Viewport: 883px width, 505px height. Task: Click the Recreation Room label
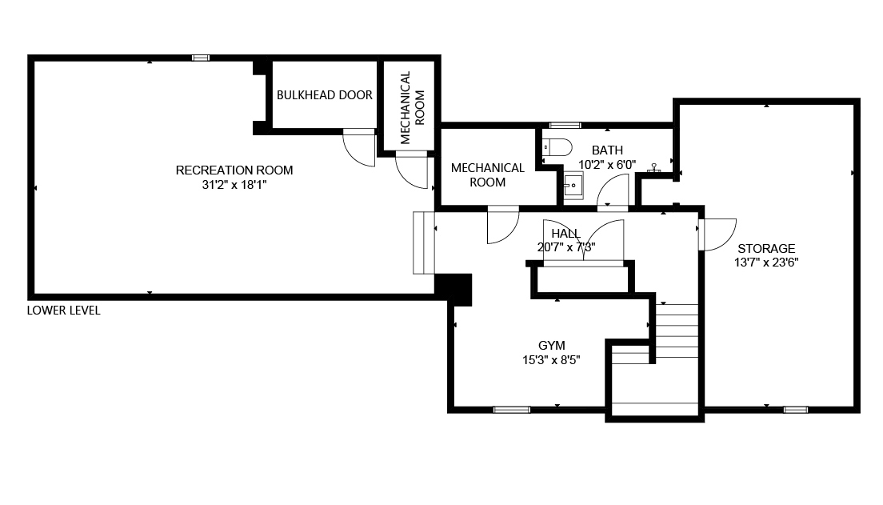point(234,170)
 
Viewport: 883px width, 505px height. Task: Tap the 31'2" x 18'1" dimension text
point(234,184)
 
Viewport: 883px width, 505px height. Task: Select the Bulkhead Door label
point(325,95)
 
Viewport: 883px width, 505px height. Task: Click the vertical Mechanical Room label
point(412,107)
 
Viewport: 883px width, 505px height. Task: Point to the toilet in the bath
point(557,148)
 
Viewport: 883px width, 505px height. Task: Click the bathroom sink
point(573,186)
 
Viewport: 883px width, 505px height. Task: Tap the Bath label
point(607,150)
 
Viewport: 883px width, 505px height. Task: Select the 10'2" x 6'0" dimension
point(607,165)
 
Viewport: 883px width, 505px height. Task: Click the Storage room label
point(766,249)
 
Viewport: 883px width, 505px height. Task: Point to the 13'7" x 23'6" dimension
point(766,262)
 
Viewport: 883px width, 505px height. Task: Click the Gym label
point(551,346)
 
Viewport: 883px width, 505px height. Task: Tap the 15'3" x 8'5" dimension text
point(551,359)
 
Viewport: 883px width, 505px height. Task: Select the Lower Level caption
point(64,311)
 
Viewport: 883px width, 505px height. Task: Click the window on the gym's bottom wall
point(511,410)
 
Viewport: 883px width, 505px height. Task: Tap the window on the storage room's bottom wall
point(796,410)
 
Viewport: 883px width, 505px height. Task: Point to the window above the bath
point(565,125)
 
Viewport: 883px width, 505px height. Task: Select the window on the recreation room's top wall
point(201,58)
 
